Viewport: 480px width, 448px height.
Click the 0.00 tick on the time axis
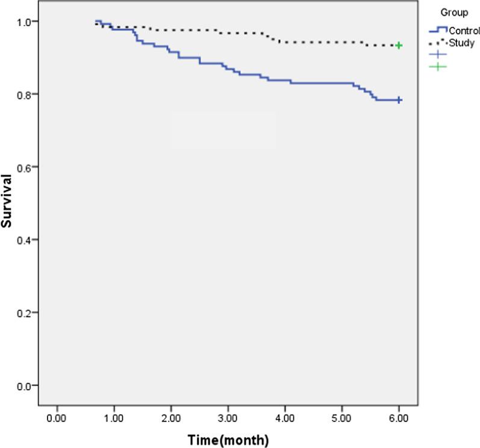pyautogui.click(x=57, y=417)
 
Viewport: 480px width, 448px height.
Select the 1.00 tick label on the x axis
pyautogui.click(x=113, y=417)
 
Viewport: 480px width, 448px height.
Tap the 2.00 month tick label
pyautogui.click(x=170, y=417)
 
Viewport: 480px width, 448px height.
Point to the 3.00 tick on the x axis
pyautogui.click(x=228, y=417)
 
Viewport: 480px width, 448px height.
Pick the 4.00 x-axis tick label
pyautogui.click(x=284, y=417)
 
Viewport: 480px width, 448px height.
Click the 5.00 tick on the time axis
pyautogui.click(x=341, y=417)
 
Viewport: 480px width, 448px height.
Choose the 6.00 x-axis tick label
pyautogui.click(x=398, y=417)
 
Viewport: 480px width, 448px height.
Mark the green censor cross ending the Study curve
pyautogui.click(x=399, y=46)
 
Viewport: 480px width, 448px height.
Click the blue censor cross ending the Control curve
pyautogui.click(x=399, y=100)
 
